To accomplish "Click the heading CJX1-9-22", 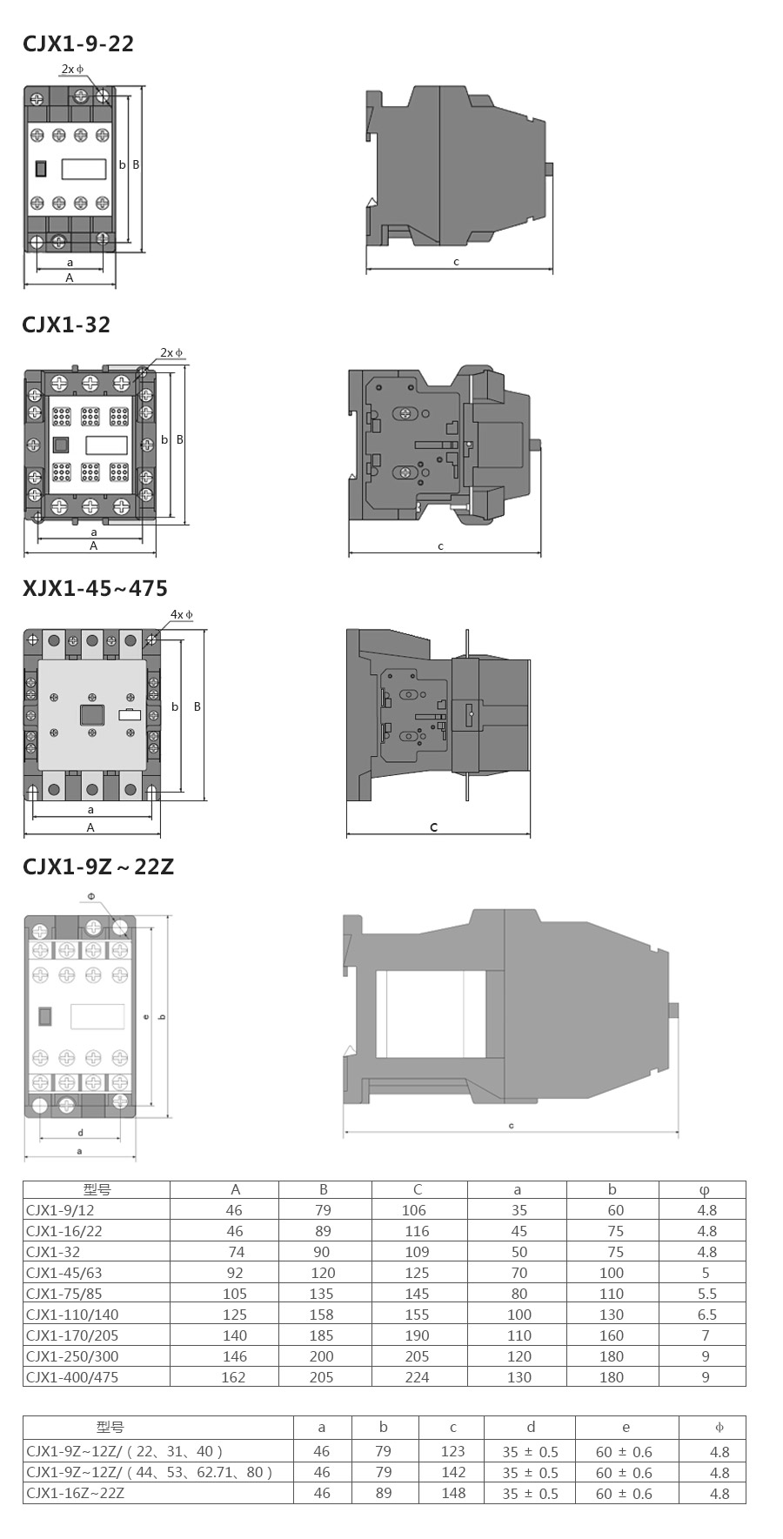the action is tap(78, 43).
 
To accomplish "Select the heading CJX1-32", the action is tap(66, 325).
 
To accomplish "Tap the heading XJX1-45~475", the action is tap(95, 588).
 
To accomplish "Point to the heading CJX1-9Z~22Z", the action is tap(98, 867).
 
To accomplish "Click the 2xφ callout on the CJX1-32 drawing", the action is tap(171, 353).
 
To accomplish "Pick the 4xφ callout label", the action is tap(182, 614).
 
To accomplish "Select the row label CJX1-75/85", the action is tap(64, 1294).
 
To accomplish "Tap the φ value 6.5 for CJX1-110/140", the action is tap(706, 1315).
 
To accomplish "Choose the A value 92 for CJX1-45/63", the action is tap(235, 1273).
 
